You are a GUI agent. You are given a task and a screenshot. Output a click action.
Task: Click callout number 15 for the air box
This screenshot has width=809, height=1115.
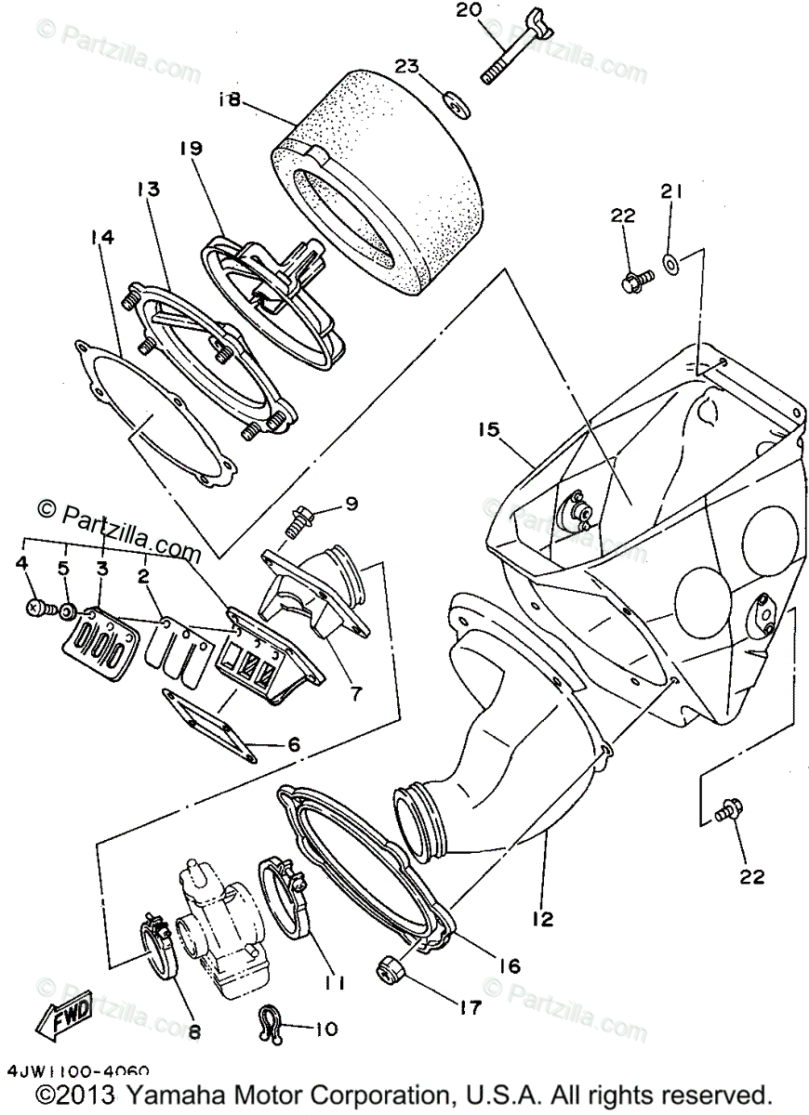pos(490,429)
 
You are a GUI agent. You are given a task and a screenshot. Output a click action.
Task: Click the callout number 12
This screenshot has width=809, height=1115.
pos(543,920)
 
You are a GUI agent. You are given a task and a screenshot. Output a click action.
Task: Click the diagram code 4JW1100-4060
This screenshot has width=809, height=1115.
pos(77,1071)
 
